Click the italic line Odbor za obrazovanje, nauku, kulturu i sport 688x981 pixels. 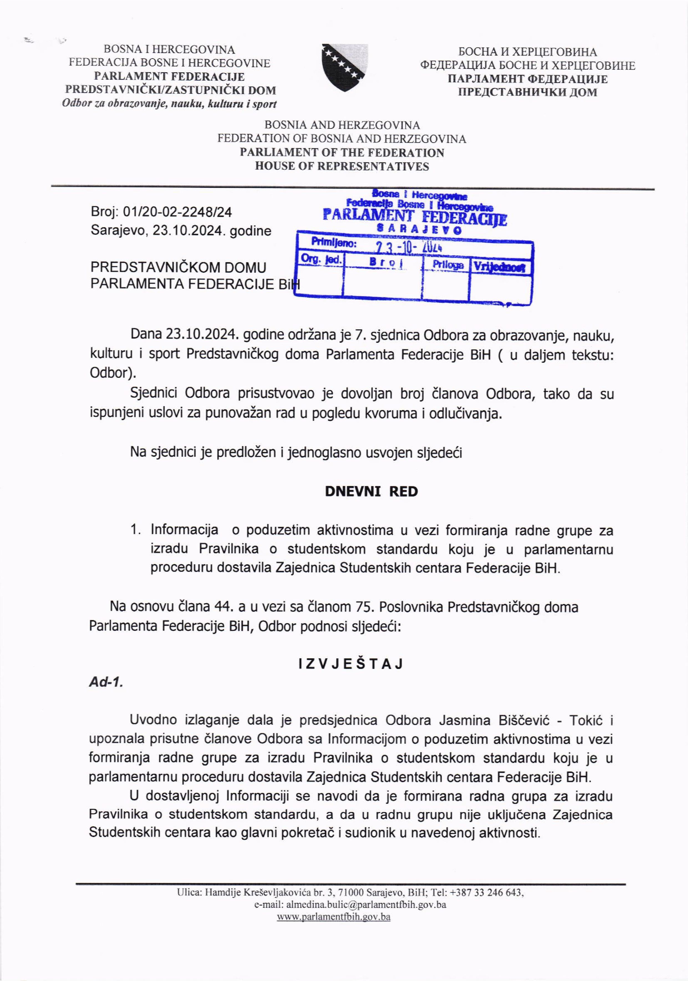tap(169, 104)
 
